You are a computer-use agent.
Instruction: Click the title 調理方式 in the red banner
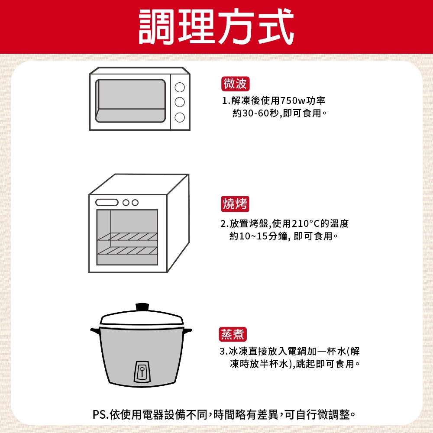[x=216, y=26]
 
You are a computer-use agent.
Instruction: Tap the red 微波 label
[x=235, y=84]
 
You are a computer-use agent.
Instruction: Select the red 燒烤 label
[x=235, y=204]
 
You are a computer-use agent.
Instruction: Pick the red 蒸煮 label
[x=233, y=334]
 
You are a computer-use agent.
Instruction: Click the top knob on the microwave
[x=180, y=87]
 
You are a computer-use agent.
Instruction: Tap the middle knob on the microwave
[x=180, y=102]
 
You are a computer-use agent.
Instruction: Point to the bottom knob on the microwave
[x=180, y=117]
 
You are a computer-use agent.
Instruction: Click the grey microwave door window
[x=130, y=101]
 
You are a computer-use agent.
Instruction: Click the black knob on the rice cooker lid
[x=142, y=307]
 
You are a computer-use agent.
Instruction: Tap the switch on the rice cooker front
[x=142, y=372]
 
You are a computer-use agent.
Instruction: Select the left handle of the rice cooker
[x=95, y=331]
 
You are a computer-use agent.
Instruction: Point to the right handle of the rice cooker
[x=188, y=330]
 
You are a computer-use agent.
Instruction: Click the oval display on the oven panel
[x=107, y=202]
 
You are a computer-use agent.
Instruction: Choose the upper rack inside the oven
[x=127, y=237]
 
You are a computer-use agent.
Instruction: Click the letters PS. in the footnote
[x=100, y=414]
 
